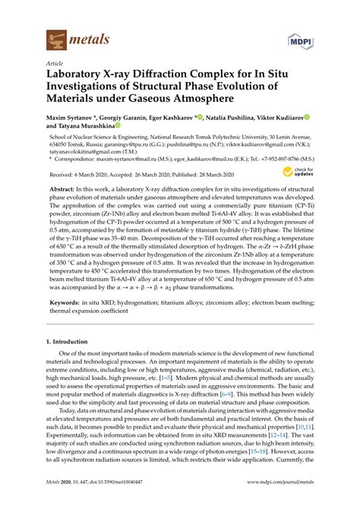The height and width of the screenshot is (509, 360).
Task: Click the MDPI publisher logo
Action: (x=300, y=36)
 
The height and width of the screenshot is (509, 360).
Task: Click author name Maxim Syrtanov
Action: (x=74, y=119)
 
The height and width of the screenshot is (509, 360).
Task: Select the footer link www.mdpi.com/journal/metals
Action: (x=275, y=502)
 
